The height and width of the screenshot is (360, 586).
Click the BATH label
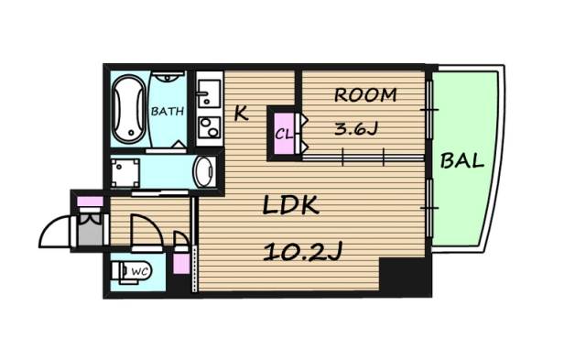point(167,111)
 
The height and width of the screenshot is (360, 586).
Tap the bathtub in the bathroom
point(128,110)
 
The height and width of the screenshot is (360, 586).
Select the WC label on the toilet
point(140,271)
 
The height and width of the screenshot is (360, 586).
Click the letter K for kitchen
point(241,114)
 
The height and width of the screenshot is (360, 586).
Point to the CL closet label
point(284,134)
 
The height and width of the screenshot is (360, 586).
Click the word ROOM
point(365,95)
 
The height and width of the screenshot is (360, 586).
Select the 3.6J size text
point(356,129)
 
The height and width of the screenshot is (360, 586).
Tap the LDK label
point(290,205)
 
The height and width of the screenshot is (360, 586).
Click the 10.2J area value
point(303,252)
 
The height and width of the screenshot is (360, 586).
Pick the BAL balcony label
point(461,160)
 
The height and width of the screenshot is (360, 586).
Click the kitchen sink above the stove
point(209,93)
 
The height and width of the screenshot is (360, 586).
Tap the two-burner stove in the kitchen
point(209,127)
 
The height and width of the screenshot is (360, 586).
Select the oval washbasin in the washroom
point(205,171)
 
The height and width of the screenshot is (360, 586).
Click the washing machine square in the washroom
point(125,173)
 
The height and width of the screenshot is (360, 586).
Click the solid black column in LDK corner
point(405,277)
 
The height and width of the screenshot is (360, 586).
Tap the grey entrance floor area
point(90,229)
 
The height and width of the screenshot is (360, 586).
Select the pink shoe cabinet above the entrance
point(90,202)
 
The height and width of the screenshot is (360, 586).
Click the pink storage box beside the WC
point(182,262)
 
